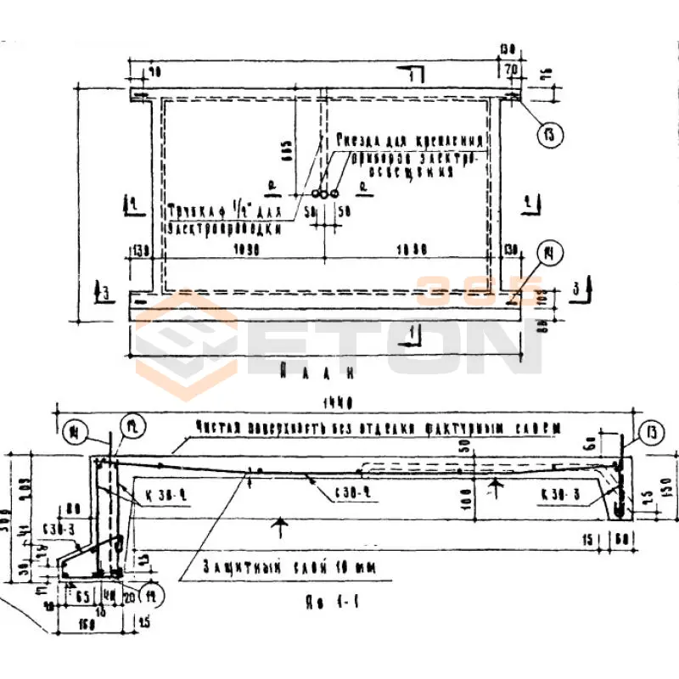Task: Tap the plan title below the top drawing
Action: pos(316,372)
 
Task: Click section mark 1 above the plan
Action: pos(411,78)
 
